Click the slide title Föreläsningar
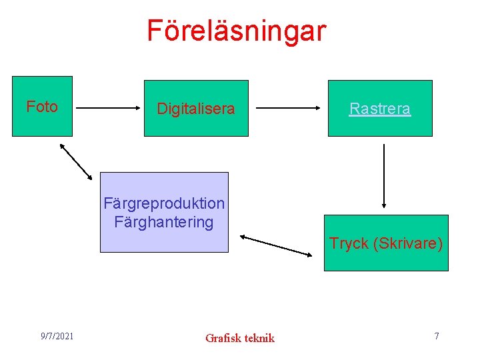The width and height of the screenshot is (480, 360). [237, 31]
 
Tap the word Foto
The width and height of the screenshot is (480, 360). [42, 107]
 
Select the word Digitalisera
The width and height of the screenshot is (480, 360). [196, 109]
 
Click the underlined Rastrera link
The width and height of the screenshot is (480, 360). [380, 109]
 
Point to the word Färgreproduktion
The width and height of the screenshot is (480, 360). [164, 203]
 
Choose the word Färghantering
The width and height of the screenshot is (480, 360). [164, 221]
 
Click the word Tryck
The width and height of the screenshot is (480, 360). [349, 243]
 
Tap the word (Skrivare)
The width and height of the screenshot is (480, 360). [408, 243]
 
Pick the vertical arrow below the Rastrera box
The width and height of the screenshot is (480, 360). [384, 176]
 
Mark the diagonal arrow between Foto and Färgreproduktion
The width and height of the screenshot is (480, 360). [76, 161]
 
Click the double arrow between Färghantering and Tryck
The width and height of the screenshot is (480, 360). [276, 245]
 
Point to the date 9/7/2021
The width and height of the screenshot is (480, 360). [57, 335]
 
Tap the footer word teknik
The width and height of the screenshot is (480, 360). [259, 338]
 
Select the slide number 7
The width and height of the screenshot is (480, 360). [437, 335]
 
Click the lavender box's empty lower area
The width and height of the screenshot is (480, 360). [164, 241]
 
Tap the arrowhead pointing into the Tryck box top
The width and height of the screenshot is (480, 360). [384, 205]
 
